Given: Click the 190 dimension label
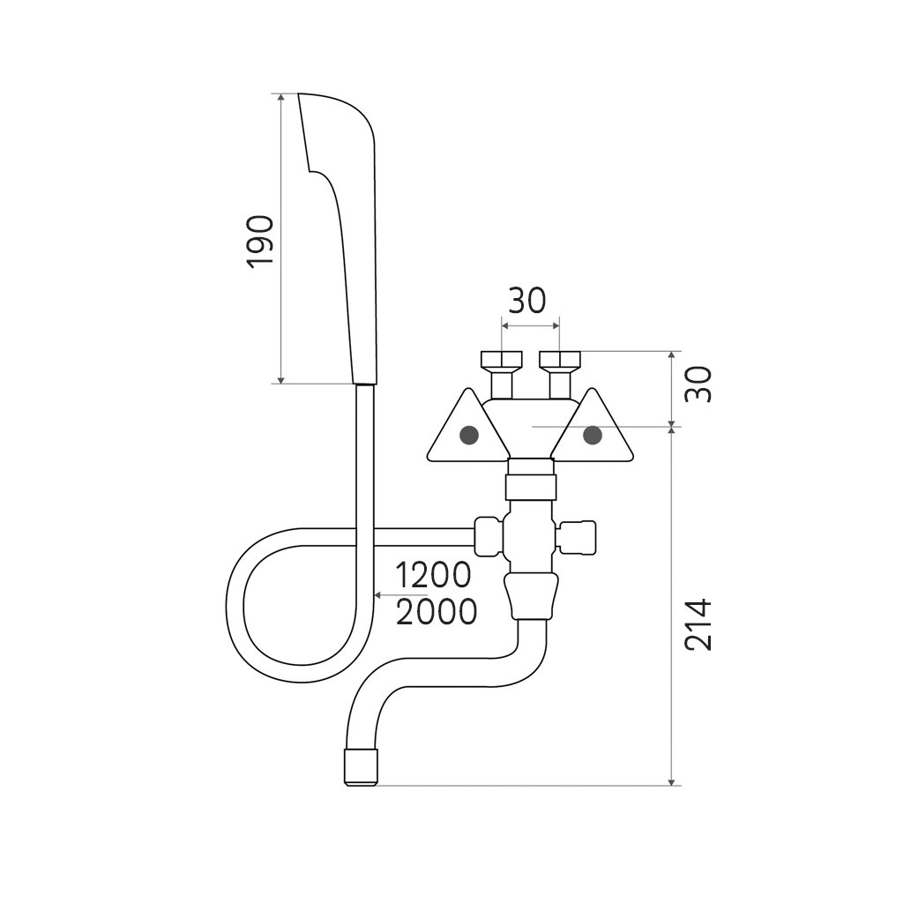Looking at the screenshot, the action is (261, 240).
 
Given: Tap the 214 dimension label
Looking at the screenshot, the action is (698, 624).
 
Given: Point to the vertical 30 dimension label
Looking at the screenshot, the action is (698, 384).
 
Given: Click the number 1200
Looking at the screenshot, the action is (433, 576).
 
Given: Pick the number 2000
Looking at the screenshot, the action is (437, 611).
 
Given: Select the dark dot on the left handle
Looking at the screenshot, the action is (469, 435).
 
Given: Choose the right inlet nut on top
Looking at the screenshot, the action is (559, 361).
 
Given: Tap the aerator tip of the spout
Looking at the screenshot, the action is (360, 768).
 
